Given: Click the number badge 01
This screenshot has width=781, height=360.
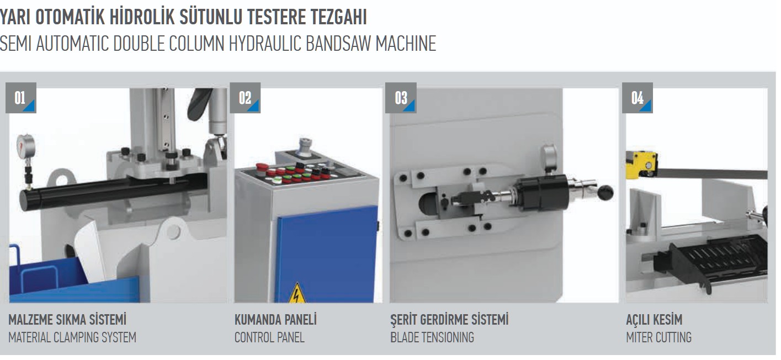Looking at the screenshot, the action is click(21, 98).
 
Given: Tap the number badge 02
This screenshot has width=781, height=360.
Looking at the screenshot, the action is click(245, 98).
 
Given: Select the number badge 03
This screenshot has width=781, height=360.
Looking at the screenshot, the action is click(401, 98).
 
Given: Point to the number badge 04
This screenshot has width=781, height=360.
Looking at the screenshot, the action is click(637, 98).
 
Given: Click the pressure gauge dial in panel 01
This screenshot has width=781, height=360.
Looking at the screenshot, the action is click(26, 146).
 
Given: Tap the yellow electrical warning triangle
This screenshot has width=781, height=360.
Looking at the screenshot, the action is click(297, 293).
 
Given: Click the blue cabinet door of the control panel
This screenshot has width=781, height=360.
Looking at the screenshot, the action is click(327, 254).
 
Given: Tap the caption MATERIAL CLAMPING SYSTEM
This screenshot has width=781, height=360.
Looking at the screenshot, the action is click(72, 338).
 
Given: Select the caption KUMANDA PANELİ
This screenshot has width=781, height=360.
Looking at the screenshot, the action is click(275, 320).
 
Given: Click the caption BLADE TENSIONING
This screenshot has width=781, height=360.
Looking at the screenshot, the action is click(432, 338).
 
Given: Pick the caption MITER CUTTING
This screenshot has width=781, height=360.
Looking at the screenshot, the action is click(658, 338).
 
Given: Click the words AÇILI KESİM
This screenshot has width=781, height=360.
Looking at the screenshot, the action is click(654, 320).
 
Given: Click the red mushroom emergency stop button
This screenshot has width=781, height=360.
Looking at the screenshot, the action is click(261, 167).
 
